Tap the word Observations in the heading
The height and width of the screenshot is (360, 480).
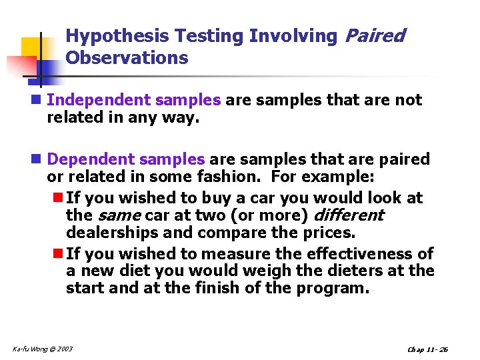pyautogui.click(x=127, y=58)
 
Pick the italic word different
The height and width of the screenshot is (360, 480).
pyautogui.click(x=348, y=215)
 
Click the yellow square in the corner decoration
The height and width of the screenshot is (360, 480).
pyautogui.click(x=31, y=47)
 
